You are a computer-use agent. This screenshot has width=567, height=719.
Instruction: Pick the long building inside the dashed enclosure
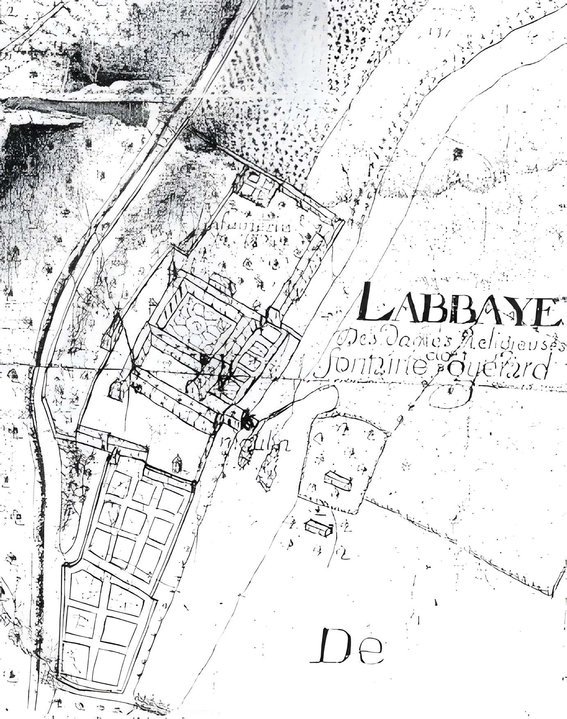(339, 480)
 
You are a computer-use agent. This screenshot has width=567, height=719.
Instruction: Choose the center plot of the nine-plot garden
(133, 518)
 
